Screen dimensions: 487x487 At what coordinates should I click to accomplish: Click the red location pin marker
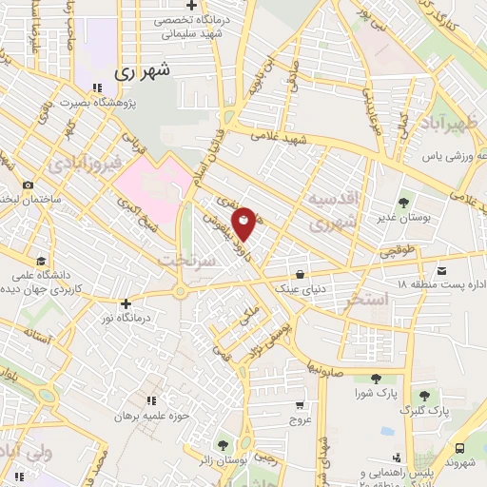(244, 222)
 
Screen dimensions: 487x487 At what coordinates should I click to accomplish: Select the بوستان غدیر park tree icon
(404, 203)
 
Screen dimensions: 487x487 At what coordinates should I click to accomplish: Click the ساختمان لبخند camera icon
(28, 184)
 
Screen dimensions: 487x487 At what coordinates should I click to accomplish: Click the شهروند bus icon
(461, 447)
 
